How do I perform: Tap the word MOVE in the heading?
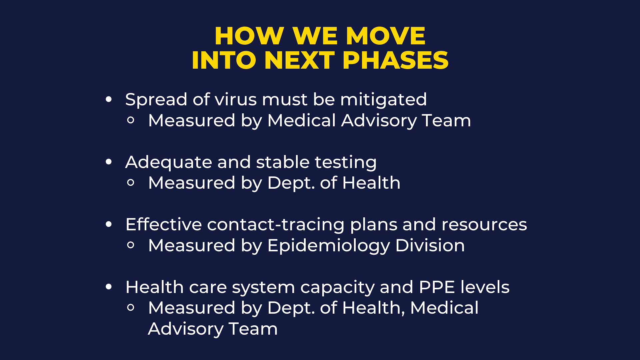click(x=385, y=36)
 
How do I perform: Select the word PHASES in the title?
click(x=395, y=60)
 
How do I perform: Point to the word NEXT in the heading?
click(x=299, y=60)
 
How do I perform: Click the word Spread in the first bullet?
click(x=156, y=100)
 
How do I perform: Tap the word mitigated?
click(x=383, y=100)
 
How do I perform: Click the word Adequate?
click(x=169, y=162)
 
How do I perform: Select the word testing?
click(x=346, y=162)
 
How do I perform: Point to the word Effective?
click(x=164, y=224)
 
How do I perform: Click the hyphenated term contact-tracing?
click(x=276, y=225)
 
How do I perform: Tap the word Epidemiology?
click(x=329, y=246)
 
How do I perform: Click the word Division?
click(x=430, y=245)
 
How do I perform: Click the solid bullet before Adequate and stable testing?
click(x=109, y=162)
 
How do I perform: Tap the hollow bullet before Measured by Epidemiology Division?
click(x=131, y=245)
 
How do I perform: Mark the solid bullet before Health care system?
click(x=109, y=287)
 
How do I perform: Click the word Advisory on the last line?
click(x=185, y=329)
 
